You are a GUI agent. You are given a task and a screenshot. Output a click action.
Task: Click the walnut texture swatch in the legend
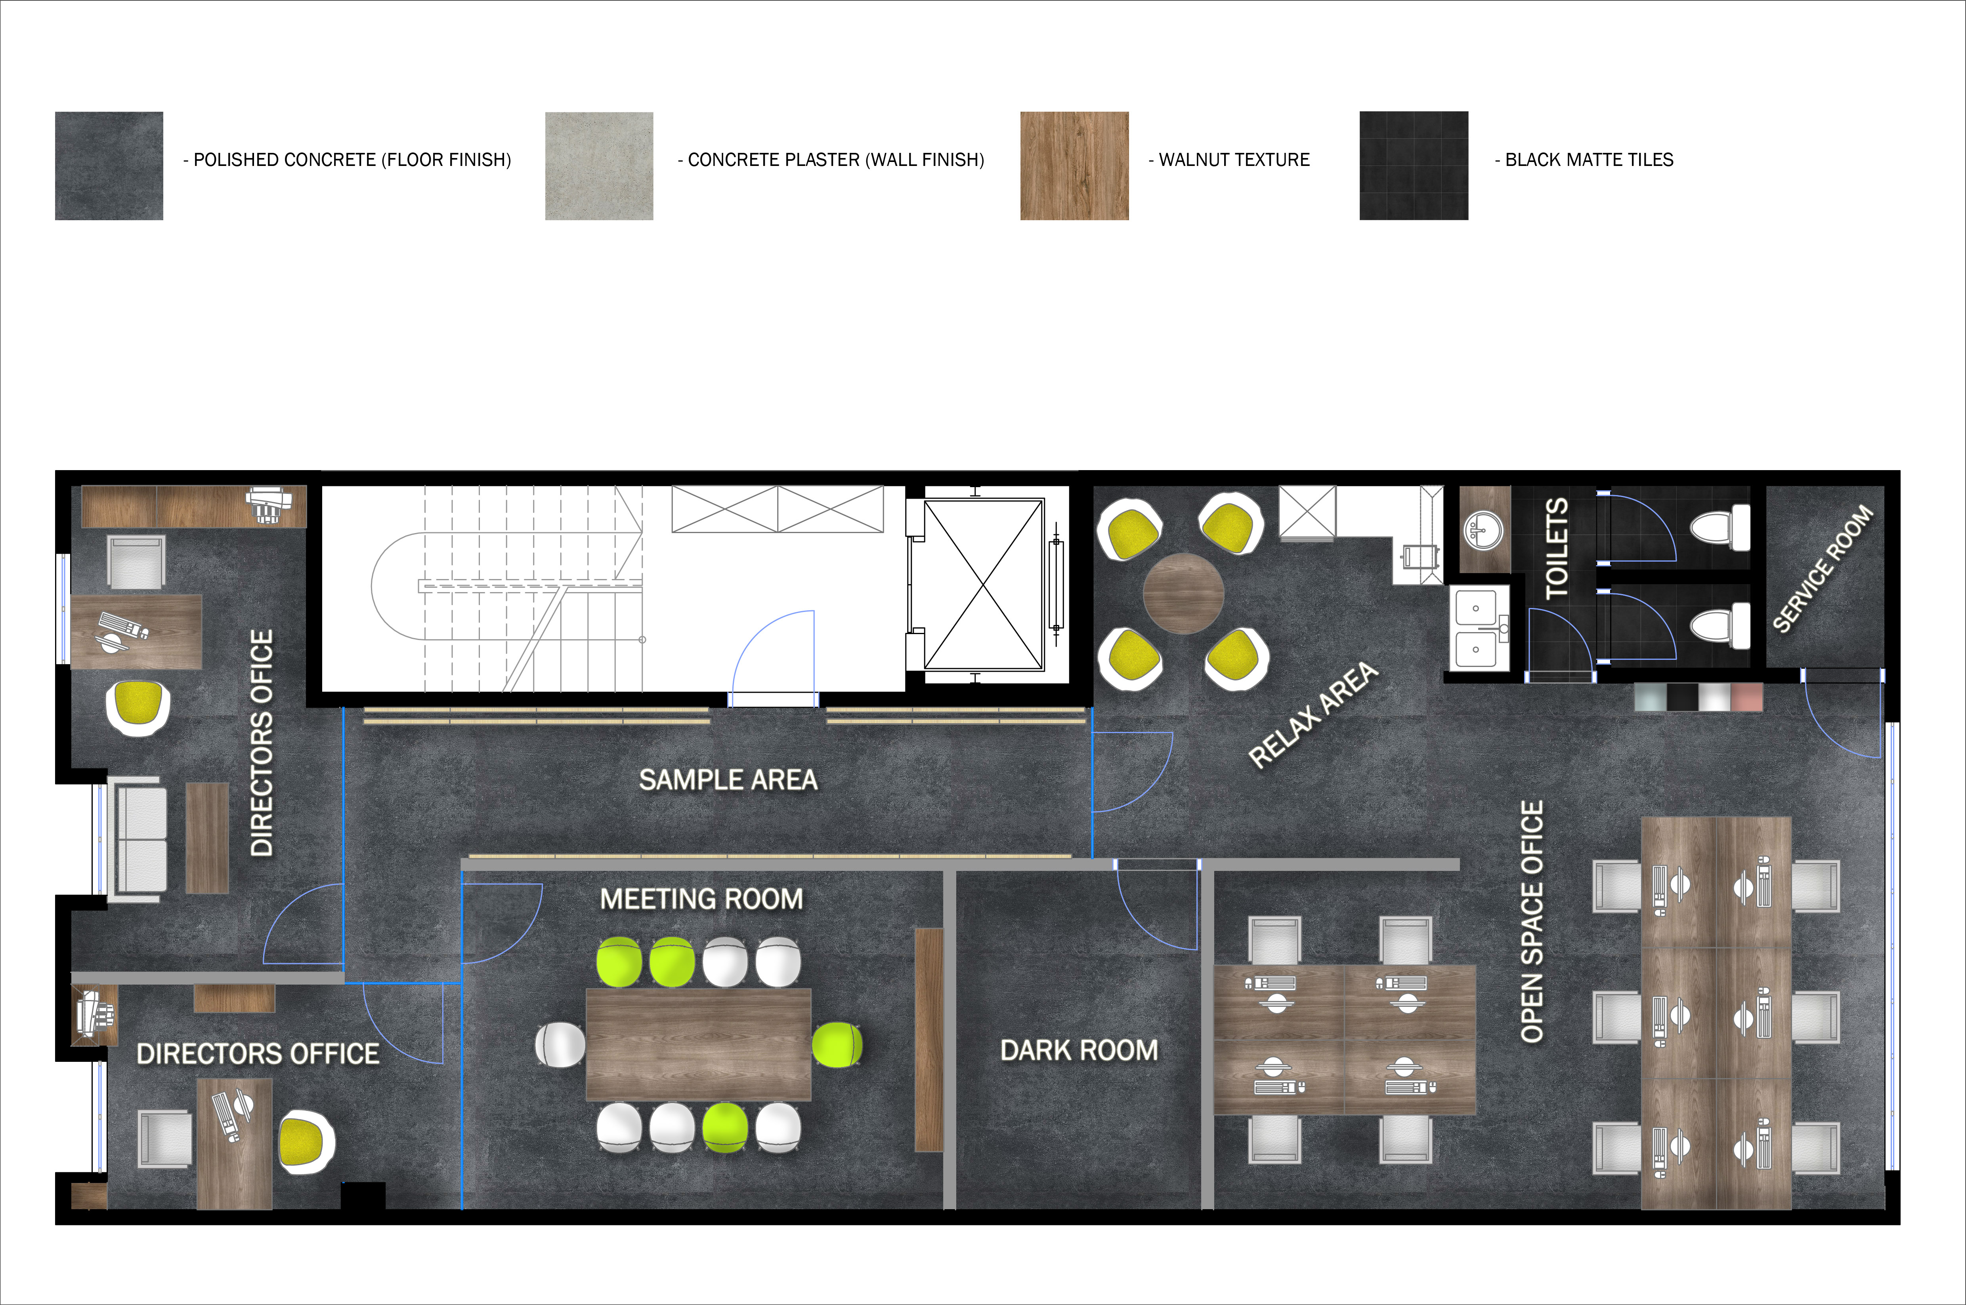coord(1074,166)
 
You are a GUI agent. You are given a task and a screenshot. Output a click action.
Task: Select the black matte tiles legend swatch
coord(1414,166)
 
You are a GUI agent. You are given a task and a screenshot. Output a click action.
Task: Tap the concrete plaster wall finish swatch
coord(599,166)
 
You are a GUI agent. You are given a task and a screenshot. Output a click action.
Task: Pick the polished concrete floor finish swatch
coord(109,166)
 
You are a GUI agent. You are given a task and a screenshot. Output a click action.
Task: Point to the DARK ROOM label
coord(1079,1050)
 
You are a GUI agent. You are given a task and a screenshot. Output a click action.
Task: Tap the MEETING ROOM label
coord(702,899)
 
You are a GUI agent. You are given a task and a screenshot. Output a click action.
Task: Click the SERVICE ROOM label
coord(1823,568)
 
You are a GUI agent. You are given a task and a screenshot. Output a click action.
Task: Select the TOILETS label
coord(1556,549)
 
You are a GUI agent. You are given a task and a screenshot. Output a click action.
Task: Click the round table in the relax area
coord(1183,593)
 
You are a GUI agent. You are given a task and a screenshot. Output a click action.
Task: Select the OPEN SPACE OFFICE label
coord(1532,921)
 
